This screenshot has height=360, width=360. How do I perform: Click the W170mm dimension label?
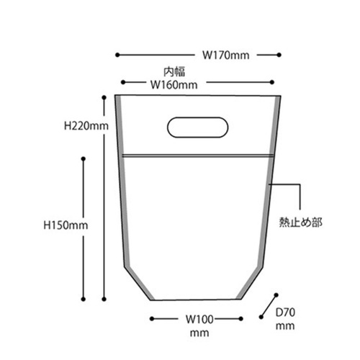point(225,54)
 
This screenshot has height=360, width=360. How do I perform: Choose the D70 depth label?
point(286,312)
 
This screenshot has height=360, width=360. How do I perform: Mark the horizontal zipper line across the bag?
point(197,154)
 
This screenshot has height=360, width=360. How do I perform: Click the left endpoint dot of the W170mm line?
point(117,54)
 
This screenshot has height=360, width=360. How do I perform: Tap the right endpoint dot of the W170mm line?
point(279,54)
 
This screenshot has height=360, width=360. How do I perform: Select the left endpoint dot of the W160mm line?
point(124,84)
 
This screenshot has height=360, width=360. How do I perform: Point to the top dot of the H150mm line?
point(84,158)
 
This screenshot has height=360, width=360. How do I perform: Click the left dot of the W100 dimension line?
point(150,318)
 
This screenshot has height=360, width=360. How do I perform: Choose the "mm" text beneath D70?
point(286,326)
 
